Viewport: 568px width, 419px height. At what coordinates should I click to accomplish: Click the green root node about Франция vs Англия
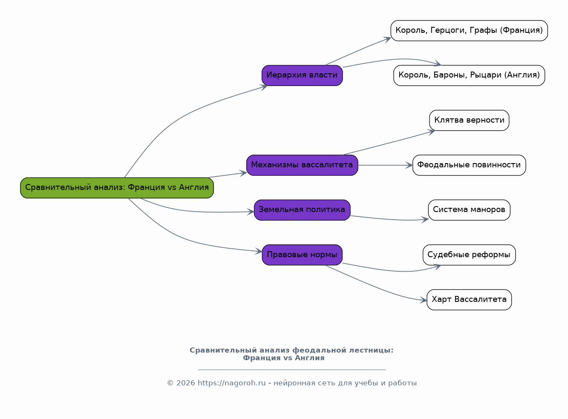(117, 188)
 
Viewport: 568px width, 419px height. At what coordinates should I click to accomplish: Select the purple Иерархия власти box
(302, 75)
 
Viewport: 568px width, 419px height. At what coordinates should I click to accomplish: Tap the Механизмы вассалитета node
(302, 165)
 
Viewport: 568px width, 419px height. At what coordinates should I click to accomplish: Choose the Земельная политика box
(302, 210)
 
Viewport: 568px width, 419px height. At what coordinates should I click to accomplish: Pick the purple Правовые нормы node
(302, 255)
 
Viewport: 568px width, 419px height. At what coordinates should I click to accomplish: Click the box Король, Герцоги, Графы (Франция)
(469, 31)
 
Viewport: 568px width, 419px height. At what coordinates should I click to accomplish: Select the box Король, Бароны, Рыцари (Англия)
(469, 75)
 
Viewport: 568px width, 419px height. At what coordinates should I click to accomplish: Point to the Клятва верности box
(469, 121)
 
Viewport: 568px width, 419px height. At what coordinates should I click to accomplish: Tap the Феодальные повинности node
(469, 165)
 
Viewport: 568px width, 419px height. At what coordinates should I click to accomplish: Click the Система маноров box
(469, 210)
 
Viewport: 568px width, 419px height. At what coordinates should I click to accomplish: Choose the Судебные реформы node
(469, 255)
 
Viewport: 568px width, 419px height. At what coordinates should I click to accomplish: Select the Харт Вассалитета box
(469, 300)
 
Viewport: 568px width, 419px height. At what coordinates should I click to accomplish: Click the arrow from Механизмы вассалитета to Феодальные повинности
(385, 165)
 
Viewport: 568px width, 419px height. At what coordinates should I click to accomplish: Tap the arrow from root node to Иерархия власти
(179, 120)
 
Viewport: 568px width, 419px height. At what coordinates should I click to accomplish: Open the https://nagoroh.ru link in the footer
(232, 383)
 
